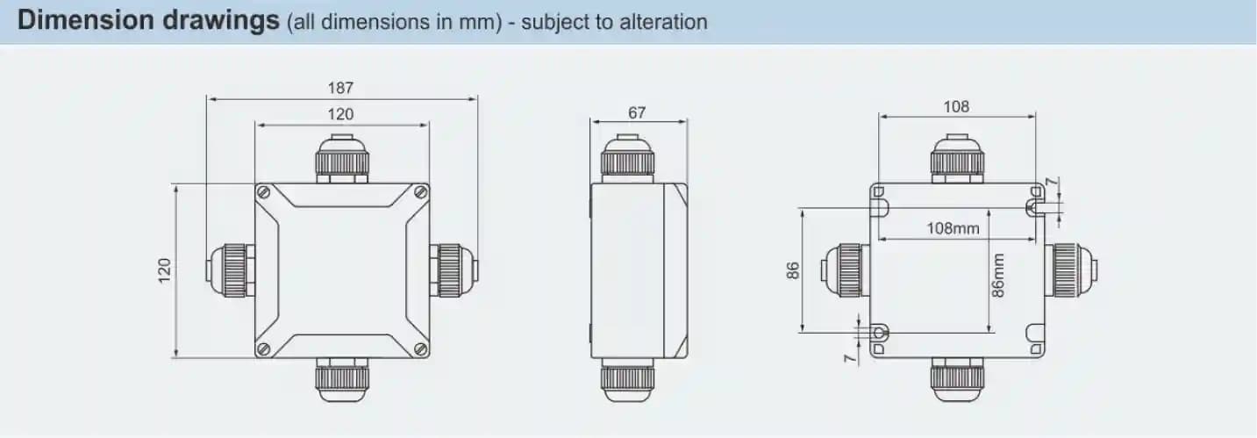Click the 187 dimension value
(x=340, y=88)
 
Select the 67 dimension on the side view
(x=637, y=113)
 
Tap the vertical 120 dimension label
(x=164, y=270)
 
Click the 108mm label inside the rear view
(x=953, y=228)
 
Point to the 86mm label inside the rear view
(x=997, y=276)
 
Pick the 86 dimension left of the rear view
(x=792, y=270)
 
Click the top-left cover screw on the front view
(x=263, y=193)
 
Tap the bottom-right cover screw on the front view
(x=421, y=349)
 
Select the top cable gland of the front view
(x=342, y=158)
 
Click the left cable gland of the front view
(x=231, y=270)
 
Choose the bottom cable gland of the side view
(x=627, y=380)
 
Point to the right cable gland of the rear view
(x=1071, y=270)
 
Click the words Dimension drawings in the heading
(x=149, y=20)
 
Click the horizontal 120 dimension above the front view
(x=340, y=115)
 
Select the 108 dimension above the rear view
(x=956, y=107)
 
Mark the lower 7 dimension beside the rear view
(x=850, y=358)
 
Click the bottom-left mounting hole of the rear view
(x=879, y=333)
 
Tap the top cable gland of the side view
(x=627, y=158)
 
